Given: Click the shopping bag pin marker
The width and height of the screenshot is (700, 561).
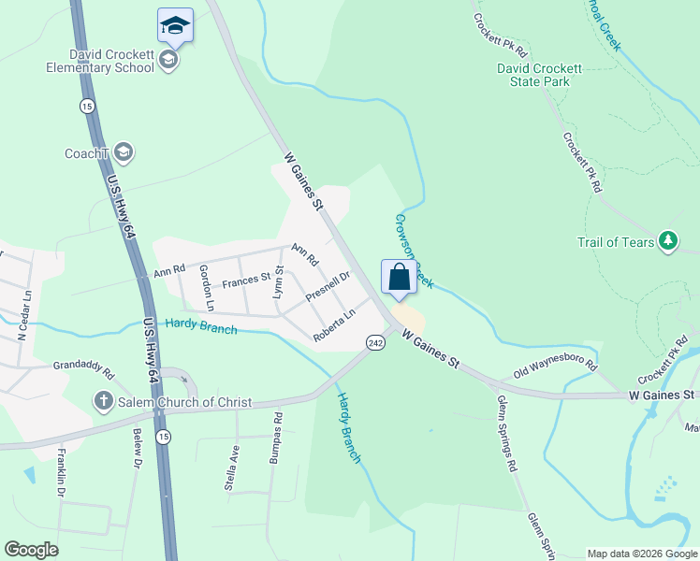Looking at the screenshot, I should point(399,279).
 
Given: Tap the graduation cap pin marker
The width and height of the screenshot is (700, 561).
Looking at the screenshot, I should point(175,25).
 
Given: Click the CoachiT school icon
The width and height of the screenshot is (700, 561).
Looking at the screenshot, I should point(124,152).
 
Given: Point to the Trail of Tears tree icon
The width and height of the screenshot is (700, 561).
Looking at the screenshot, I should point(667,241).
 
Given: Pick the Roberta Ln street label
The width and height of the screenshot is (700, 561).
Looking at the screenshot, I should point(334,324).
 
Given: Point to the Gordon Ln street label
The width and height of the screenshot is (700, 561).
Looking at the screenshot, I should point(207,288).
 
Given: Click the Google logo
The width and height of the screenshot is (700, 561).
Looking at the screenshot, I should point(31,549).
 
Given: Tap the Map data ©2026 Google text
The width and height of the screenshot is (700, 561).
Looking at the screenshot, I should point(642,554).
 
